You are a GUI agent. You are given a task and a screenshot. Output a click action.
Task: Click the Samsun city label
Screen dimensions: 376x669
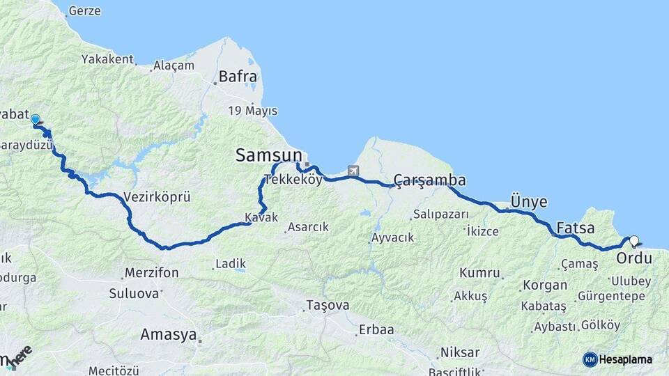pos(269,155)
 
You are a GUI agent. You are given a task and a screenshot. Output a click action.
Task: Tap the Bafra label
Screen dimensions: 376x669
pos(238,77)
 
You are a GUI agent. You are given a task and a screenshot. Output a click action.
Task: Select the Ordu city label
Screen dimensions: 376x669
pos(634,258)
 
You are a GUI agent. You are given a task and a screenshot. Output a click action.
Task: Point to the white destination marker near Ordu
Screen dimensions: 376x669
pos(633,242)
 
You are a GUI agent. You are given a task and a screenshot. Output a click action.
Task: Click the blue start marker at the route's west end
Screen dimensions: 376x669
pos(35,120)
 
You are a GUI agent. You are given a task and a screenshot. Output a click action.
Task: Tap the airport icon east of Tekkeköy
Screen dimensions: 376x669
pos(353,171)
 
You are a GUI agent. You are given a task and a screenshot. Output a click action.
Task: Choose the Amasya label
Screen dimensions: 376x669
pos(169,334)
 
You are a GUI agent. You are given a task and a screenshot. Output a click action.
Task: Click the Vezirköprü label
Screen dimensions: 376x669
pos(156,197)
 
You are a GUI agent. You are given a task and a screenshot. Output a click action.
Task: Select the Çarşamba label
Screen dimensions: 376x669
pos(429,181)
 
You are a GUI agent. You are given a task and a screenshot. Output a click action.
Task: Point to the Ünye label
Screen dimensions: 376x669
pos(529,202)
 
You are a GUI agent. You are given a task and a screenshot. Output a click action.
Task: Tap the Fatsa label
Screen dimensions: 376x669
pos(576,228)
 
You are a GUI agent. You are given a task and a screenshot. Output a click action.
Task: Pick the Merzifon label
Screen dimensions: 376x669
pos(151,272)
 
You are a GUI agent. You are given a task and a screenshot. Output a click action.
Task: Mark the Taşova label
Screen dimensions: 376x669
pos(328,306)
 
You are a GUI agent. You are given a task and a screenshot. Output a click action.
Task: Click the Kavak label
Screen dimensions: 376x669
pos(261,218)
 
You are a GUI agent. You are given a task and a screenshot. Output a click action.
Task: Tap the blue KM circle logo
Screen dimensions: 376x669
pos(590,359)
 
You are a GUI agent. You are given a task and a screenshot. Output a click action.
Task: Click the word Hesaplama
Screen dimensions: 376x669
pos(626,359)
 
